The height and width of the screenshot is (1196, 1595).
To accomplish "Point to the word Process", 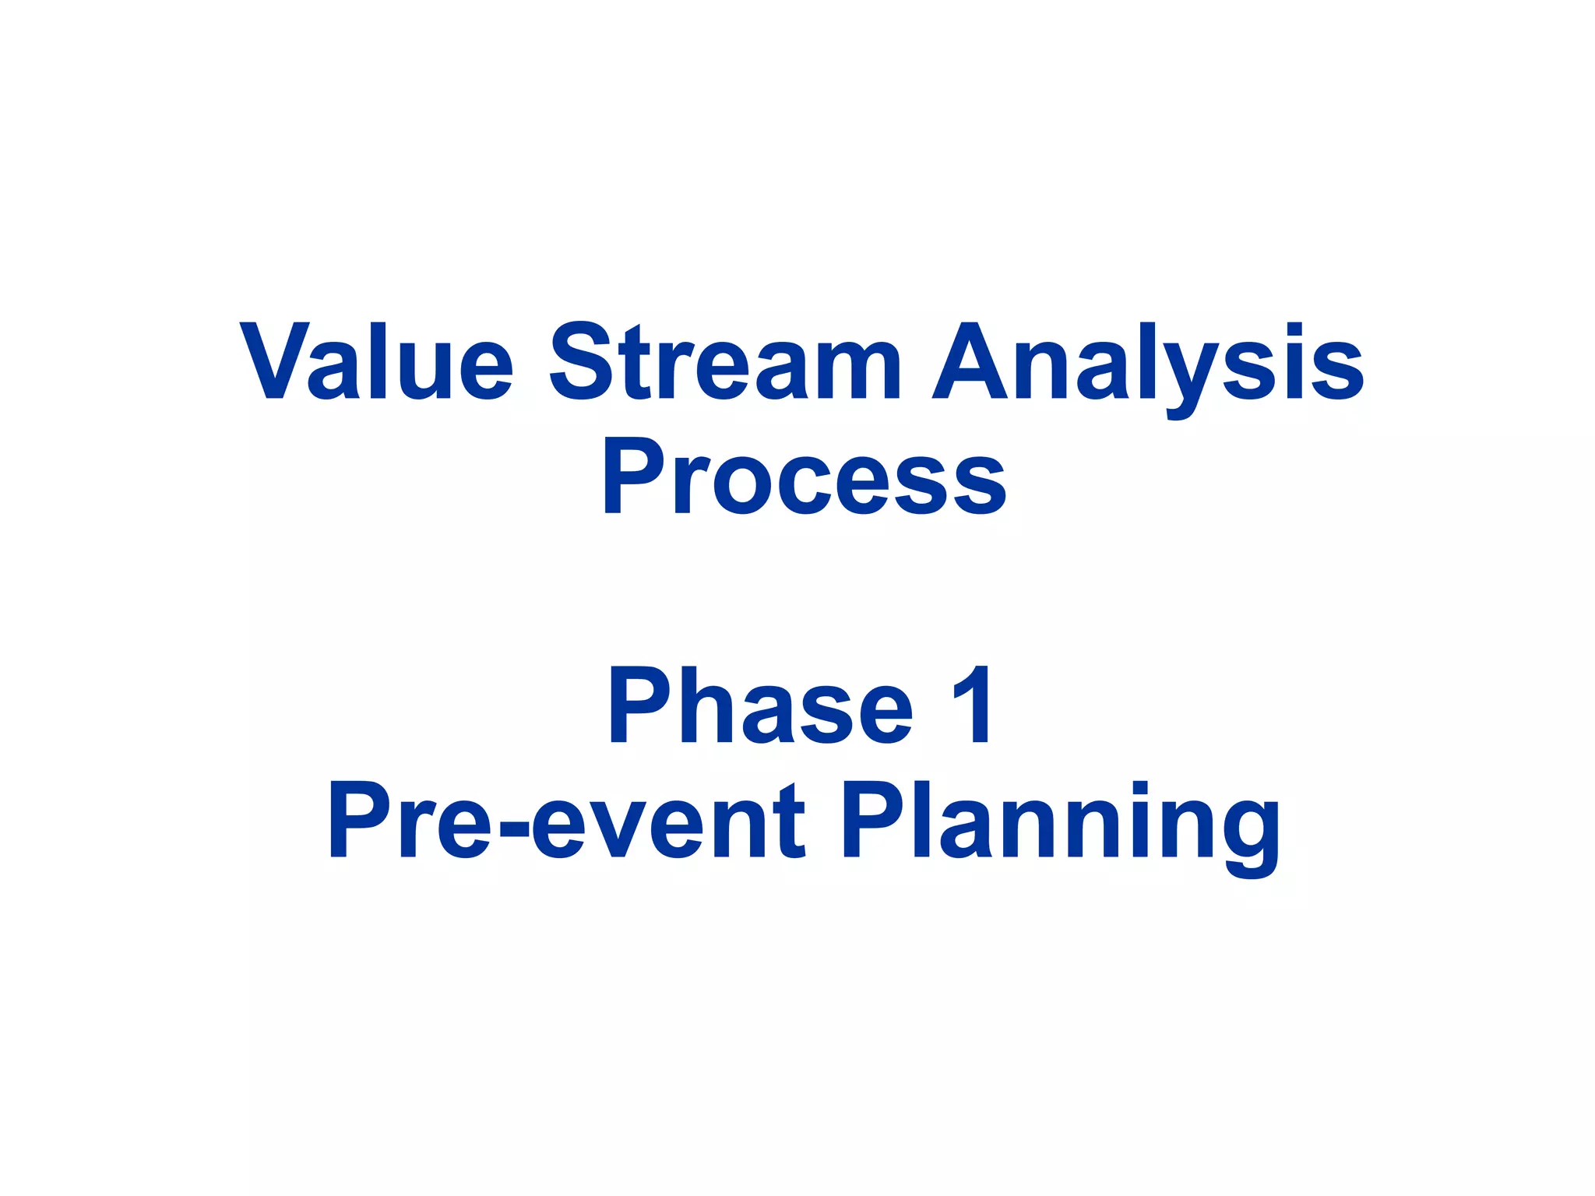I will pos(802,475).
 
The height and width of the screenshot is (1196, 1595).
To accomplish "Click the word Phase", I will pos(760,705).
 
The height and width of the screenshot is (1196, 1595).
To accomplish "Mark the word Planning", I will pos(1060,821).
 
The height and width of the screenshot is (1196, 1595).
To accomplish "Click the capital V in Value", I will pos(272,361).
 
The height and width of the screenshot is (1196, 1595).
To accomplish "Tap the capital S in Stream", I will pos(584,361).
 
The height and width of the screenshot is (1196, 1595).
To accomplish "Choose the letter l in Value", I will pos(379,361).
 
